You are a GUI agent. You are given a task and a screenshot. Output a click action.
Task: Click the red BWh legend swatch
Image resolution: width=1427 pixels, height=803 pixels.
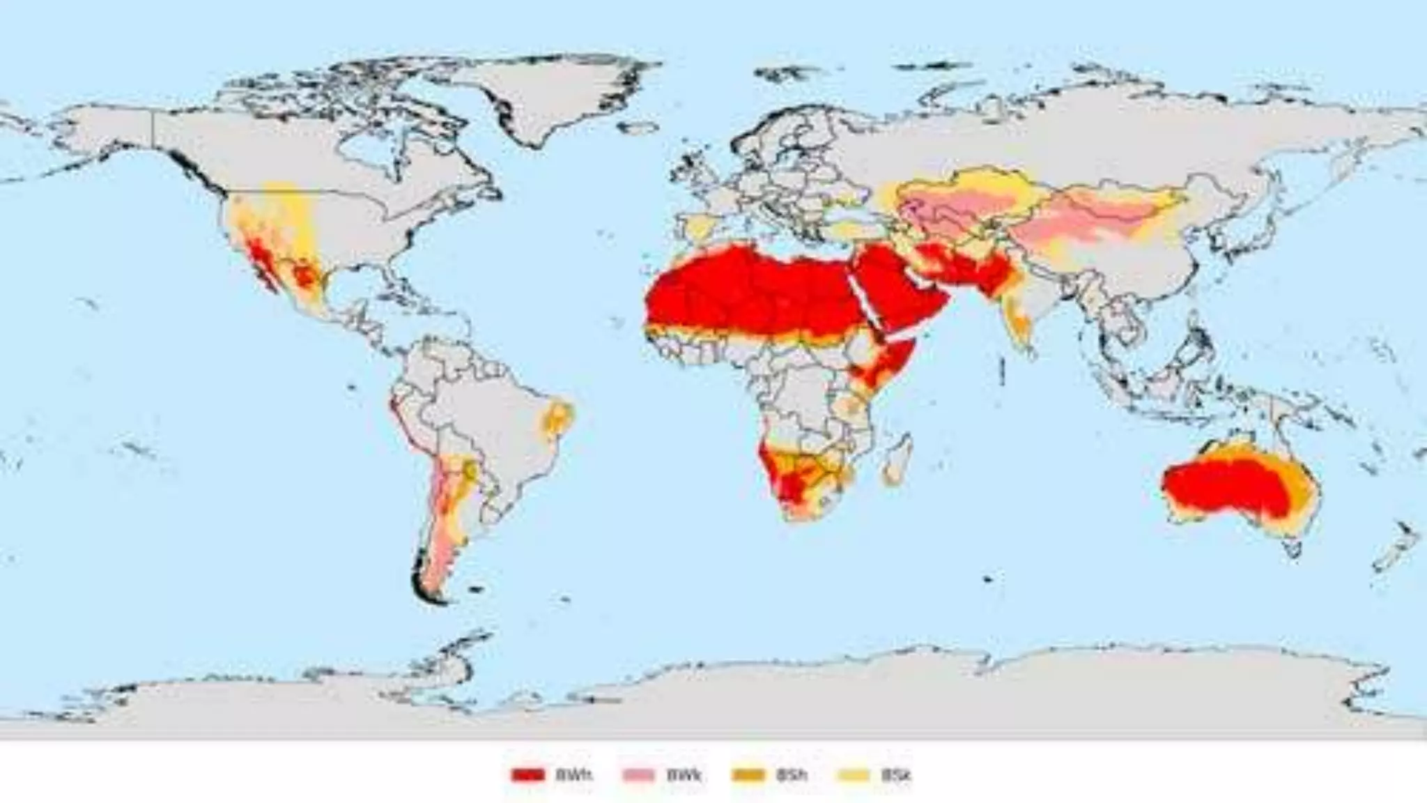point(527,774)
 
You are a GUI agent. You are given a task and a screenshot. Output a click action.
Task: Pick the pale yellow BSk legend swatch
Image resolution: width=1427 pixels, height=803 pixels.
point(854,774)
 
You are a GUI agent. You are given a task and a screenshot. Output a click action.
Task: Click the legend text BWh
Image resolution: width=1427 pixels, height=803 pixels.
point(573,774)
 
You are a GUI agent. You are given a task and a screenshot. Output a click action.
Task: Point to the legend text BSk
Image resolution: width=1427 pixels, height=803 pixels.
point(896,774)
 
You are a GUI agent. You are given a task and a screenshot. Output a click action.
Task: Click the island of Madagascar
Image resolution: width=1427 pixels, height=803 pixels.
point(897,460)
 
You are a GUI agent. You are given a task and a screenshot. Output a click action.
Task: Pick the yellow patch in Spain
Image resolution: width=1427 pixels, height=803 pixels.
point(699,227)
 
